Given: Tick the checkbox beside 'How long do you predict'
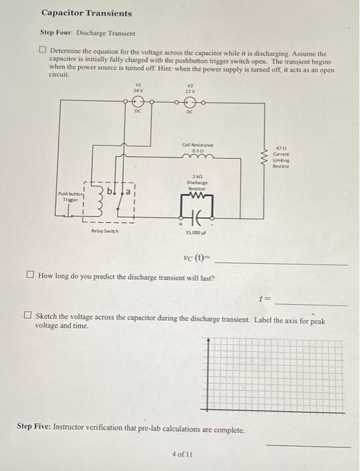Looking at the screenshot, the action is pos(30,276).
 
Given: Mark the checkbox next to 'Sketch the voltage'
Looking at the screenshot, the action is pos(28,315).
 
